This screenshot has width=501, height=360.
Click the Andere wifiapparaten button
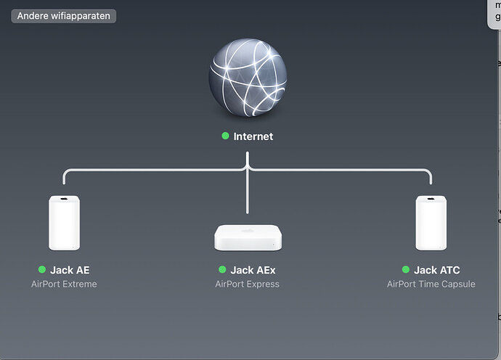63,15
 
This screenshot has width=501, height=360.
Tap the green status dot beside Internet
226,136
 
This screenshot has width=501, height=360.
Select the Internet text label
253,136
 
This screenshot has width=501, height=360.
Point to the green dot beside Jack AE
42,270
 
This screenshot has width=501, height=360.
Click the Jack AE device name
70,270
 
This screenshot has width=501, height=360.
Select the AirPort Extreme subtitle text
64,284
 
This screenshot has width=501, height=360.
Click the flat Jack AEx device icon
248,237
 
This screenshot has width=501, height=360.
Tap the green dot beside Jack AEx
222,270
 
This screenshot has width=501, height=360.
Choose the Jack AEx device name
253,270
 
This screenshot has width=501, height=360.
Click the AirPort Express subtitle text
247,284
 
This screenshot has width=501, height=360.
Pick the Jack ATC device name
437,270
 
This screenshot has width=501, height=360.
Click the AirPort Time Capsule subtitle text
431,284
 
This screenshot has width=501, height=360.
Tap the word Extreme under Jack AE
79,284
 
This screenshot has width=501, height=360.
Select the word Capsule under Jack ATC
458,284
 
